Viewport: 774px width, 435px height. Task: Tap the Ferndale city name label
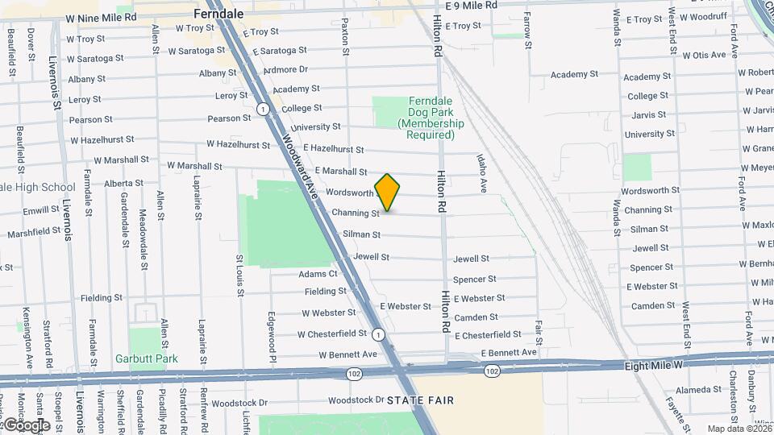pyautogui.click(x=218, y=14)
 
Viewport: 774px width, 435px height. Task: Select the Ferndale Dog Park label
pyautogui.click(x=431, y=118)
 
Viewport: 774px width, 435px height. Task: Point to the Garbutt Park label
pyautogui.click(x=145, y=358)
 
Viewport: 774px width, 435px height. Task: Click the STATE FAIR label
pyautogui.click(x=420, y=400)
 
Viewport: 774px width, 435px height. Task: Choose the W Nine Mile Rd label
pyautogui.click(x=101, y=17)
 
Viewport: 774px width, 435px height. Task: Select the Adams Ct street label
pyautogui.click(x=318, y=274)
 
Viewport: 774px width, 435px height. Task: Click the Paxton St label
pyautogui.click(x=345, y=36)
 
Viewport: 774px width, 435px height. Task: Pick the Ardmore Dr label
pyautogui.click(x=285, y=70)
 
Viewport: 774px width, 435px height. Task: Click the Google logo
pyautogui.click(x=27, y=425)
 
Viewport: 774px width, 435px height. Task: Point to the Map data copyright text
pyautogui.click(x=739, y=429)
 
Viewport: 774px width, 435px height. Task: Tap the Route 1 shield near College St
pyautogui.click(x=263, y=109)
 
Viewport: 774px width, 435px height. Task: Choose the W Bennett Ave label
pyautogui.click(x=347, y=354)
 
